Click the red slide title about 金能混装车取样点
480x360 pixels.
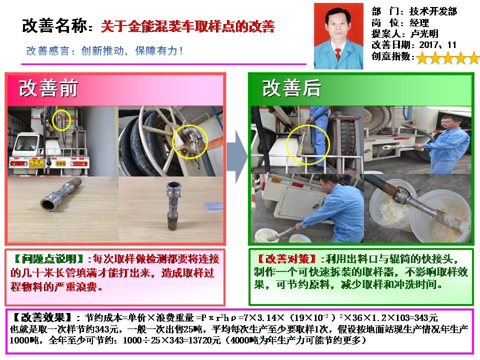pos(188,26)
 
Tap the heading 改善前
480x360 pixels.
pos(48,88)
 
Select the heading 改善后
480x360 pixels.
pos(291,88)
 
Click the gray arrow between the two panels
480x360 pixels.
pos(237,156)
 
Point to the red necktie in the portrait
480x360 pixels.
pos(338,54)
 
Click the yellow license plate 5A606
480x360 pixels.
pos(36,164)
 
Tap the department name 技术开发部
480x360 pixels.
pos(433,11)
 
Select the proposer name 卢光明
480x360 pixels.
pos(424,33)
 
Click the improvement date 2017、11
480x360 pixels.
pos(438,45)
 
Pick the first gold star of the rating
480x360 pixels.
pos(422,58)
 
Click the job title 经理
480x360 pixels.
pos(419,22)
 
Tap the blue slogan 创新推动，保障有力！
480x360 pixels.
pos(104,51)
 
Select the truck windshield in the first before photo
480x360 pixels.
pos(27,144)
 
